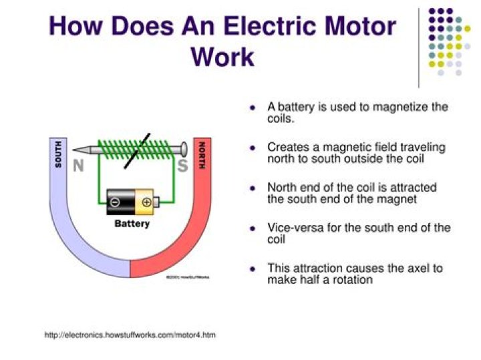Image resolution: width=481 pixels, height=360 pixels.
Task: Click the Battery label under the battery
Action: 132,224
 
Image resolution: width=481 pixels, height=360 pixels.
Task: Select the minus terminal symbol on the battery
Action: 115,200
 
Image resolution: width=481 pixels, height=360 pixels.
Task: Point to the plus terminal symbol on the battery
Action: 146,200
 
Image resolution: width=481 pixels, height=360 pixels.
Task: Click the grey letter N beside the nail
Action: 78,166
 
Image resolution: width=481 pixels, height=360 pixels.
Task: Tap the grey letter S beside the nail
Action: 181,166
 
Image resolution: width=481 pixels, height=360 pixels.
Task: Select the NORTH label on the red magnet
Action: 201,155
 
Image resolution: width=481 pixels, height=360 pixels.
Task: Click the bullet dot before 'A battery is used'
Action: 253,108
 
